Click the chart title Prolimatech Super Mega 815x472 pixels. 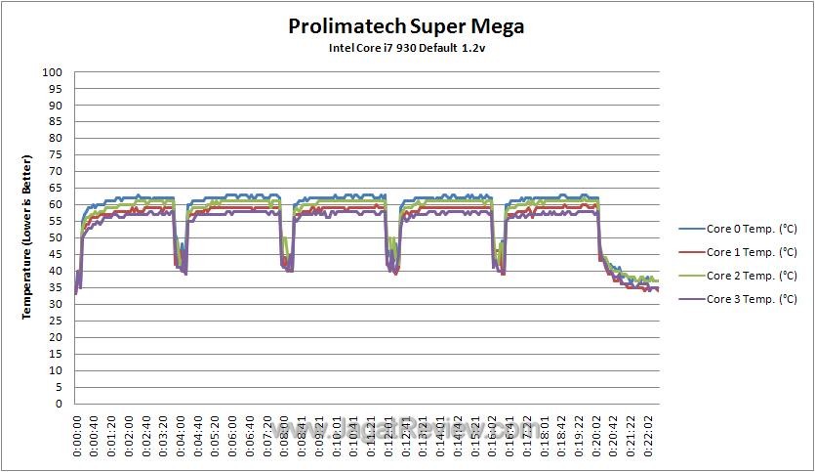pyautogui.click(x=406, y=26)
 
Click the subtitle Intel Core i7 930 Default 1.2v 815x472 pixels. pyautogui.click(x=406, y=48)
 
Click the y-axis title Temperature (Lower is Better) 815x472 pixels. pyautogui.click(x=28, y=237)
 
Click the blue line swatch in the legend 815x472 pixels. pyautogui.click(x=691, y=229)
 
